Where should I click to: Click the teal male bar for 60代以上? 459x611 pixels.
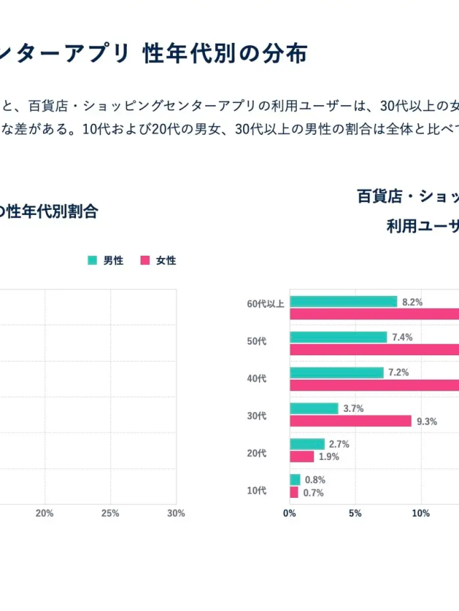tap(343, 302)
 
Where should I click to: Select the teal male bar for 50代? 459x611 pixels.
tap(338, 337)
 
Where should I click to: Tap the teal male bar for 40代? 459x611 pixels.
tap(336, 372)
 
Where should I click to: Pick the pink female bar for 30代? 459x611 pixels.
tap(350, 421)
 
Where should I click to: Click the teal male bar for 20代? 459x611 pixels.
tap(307, 444)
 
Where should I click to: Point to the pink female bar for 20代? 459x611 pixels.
tap(302, 457)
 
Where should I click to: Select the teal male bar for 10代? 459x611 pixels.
tap(295, 480)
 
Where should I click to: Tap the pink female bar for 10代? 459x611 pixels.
tap(294, 493)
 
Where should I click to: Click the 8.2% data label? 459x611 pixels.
tap(412, 302)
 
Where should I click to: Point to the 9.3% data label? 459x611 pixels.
tap(427, 421)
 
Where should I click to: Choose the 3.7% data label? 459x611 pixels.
tap(354, 408)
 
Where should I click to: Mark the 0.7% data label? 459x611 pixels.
tap(314, 493)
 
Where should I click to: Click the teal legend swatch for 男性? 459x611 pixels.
tap(92, 261)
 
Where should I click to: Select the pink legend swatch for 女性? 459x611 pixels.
tap(145, 261)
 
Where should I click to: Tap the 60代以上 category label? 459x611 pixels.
tap(265, 304)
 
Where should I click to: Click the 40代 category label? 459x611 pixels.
tap(256, 378)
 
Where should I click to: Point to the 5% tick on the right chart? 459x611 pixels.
tap(355, 514)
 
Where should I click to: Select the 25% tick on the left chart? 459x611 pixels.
tap(110, 514)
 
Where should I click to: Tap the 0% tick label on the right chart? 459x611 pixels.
tap(289, 514)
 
